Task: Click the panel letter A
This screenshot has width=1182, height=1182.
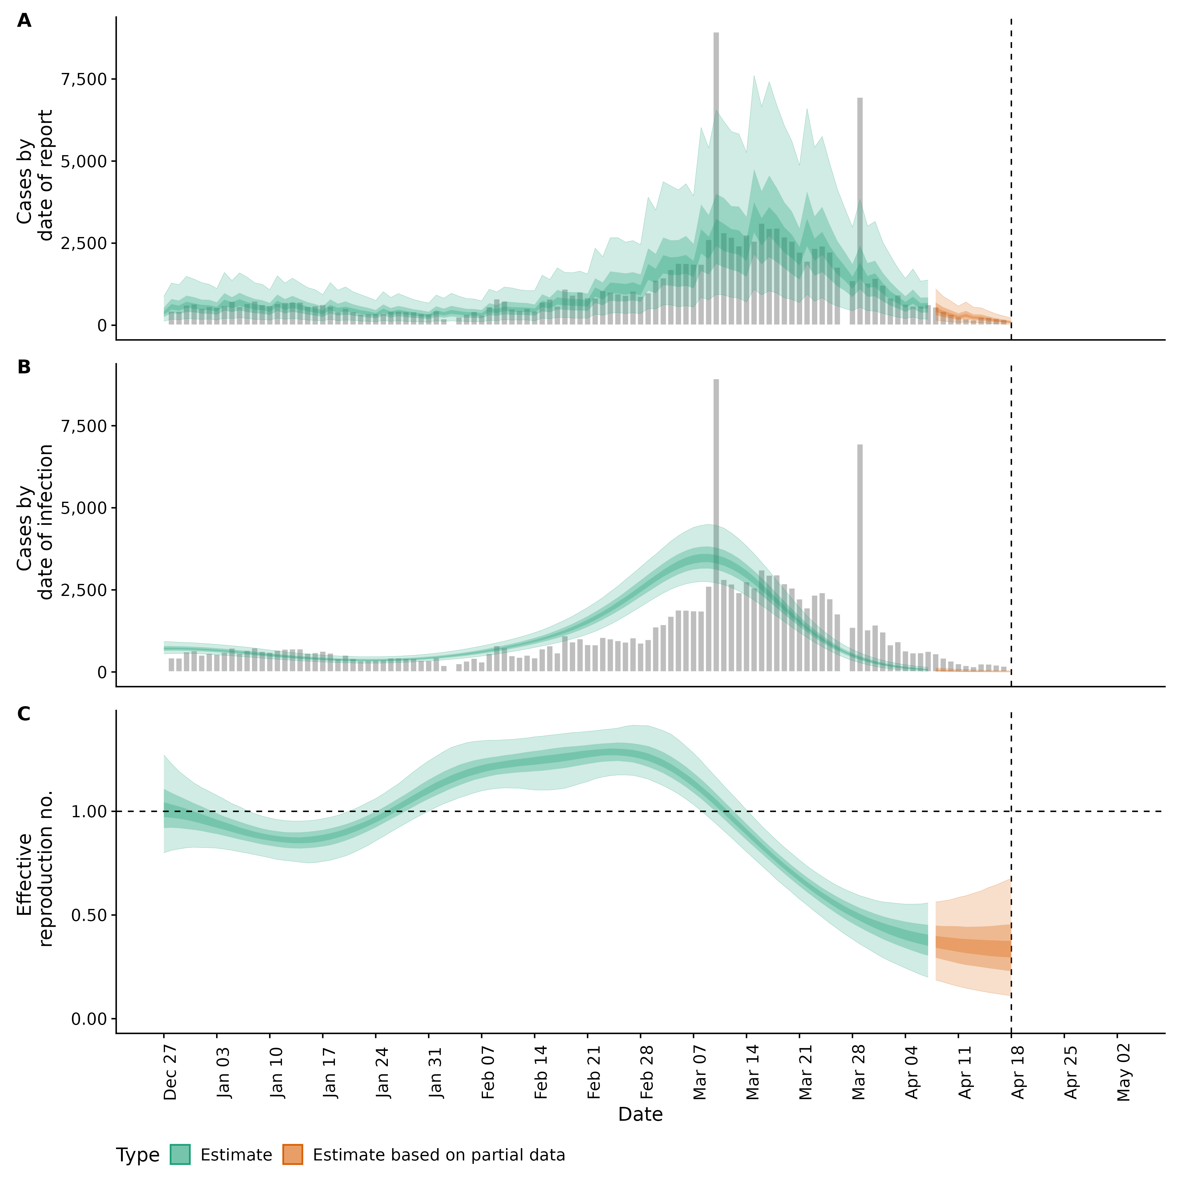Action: pos(24,21)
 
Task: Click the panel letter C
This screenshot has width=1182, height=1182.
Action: pos(24,714)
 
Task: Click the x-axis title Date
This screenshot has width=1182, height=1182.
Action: pos(640,1114)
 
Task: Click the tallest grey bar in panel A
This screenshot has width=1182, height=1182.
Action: pos(716,177)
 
